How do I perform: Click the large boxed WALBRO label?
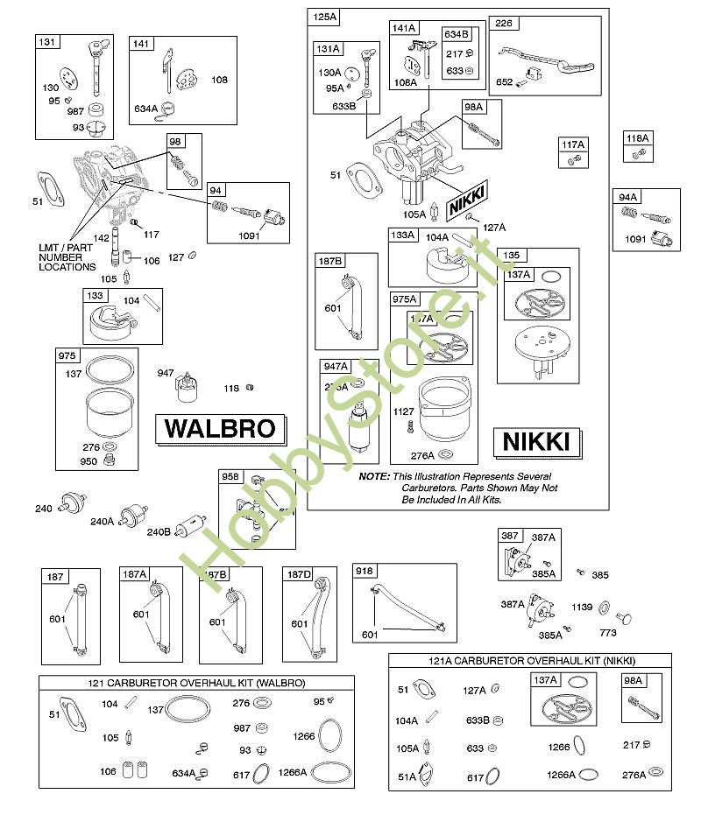tap(220, 430)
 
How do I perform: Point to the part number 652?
tap(505, 83)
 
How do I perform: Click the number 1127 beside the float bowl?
tap(403, 411)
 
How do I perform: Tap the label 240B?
tap(159, 530)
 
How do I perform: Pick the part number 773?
tap(607, 632)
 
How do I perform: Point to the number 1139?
tap(583, 606)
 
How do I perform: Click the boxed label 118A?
tap(637, 138)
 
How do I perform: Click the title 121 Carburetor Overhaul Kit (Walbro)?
tap(196, 683)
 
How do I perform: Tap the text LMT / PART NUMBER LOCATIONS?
tap(67, 256)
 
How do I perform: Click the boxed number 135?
tap(511, 256)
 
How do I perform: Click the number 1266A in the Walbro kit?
tap(294, 772)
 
